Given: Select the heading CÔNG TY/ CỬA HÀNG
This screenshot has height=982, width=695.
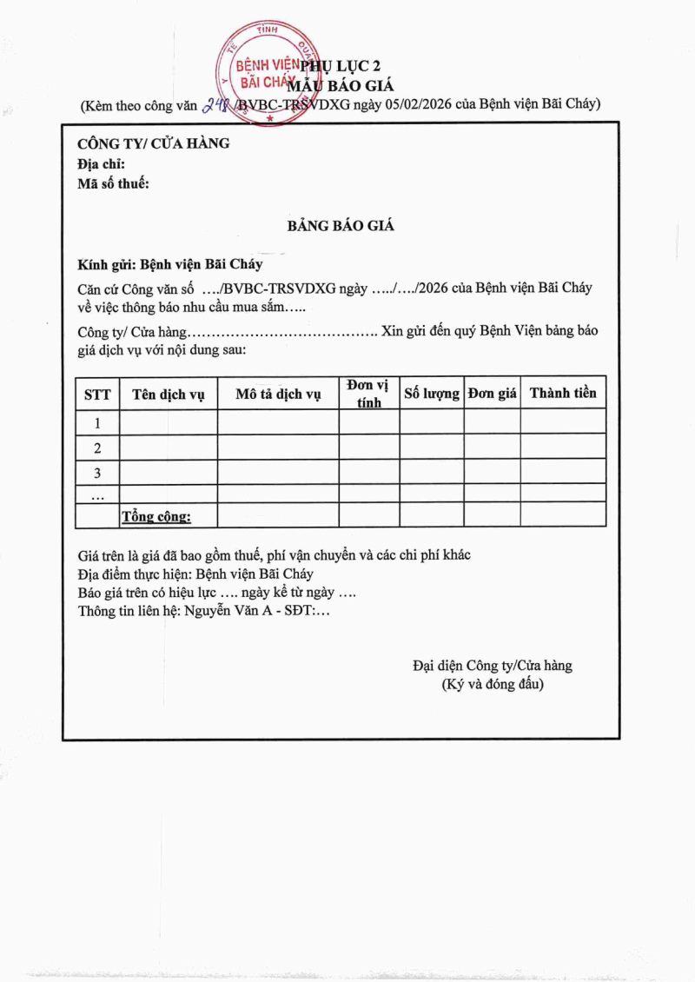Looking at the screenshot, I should pos(154,143).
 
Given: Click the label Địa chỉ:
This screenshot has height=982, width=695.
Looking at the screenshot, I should pos(102,163).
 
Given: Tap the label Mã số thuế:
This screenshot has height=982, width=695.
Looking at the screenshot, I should pos(114,183).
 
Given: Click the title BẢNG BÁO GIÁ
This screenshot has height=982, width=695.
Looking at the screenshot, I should pos(341,226).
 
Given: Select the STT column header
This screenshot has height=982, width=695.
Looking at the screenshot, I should pos(97,395).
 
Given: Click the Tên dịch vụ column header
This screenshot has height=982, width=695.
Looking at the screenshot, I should pos(169,395).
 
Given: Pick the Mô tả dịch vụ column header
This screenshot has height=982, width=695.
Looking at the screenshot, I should pos(279,395).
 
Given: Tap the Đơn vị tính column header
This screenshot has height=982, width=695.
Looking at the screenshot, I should pos(369,394).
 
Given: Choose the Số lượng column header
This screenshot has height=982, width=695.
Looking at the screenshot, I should pos(432,394).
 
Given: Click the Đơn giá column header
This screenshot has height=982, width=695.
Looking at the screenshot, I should pos(493,394).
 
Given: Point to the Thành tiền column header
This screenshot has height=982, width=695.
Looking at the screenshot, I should pos(563,393).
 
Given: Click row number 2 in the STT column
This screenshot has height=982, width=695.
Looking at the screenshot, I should pos(97,448).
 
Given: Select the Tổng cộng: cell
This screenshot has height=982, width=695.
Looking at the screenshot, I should pos(156,516).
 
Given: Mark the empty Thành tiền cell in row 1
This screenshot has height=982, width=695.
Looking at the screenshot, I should pos(563,422).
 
